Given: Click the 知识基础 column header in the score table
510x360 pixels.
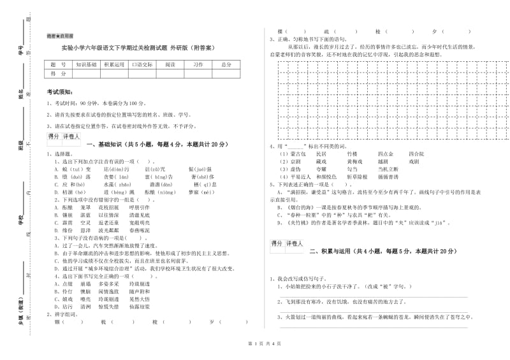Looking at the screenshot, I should pos(86,65).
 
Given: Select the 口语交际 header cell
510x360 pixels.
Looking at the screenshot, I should pos(142,65).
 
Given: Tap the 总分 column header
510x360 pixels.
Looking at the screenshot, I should pos(226,65).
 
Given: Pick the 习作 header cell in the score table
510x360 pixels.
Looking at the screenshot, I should pos(198,65).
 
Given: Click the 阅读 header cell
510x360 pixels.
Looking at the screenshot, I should pos(170,65).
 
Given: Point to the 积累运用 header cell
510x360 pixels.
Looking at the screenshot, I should pos(114,65).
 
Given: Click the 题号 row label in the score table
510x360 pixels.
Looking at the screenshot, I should pos(58,65).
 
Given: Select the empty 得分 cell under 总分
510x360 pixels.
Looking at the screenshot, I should pos(226,74).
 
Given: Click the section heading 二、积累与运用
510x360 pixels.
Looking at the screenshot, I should pos(332,252).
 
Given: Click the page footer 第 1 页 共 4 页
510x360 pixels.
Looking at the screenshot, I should pos(255,343).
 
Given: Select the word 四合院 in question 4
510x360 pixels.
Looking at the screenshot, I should pos(416,154).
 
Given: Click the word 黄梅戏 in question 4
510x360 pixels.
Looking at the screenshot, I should pos(355,162).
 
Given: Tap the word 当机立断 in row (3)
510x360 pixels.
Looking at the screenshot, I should pos(390,169).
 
